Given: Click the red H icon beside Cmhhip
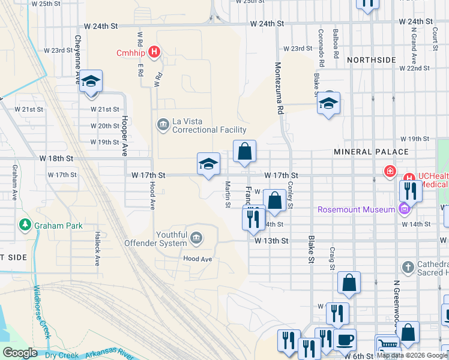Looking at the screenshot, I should (x=155, y=52).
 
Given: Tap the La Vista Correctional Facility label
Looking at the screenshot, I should (x=209, y=125).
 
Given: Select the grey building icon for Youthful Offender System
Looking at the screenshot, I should (x=196, y=239).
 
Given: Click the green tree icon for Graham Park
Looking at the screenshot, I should (x=25, y=226).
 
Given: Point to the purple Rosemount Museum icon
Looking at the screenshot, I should (x=405, y=209).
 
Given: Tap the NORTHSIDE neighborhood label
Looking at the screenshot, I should (x=372, y=60).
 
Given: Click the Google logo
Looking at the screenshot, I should (x=19, y=353).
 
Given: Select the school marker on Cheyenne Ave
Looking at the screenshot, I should (x=91, y=82).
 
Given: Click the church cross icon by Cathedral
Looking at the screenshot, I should (x=408, y=267).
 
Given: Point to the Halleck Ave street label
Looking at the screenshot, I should (x=96, y=249).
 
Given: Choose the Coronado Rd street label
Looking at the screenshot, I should (x=322, y=47).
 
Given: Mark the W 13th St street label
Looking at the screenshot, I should (x=272, y=241).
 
